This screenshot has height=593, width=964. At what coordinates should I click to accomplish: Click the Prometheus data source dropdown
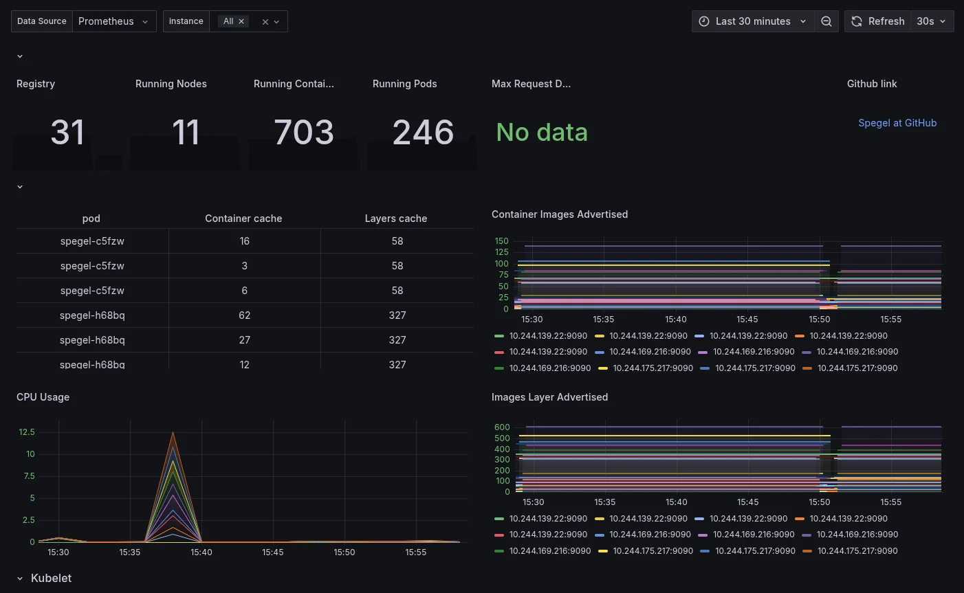[x=113, y=21]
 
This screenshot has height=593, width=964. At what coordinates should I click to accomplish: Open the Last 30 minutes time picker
[x=752, y=21]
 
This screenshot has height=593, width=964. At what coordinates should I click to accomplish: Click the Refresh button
[x=877, y=21]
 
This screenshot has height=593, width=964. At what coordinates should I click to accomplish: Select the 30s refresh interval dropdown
[x=932, y=21]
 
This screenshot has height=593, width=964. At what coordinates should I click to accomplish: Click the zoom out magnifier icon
[x=826, y=21]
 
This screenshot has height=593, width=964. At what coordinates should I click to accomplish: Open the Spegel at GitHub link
[x=897, y=123]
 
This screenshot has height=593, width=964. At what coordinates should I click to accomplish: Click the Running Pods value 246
[x=423, y=132]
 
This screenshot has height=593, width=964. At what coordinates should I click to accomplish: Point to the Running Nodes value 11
[x=186, y=132]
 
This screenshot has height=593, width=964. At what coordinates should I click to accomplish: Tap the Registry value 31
[x=67, y=132]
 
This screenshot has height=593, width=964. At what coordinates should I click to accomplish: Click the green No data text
[x=542, y=132]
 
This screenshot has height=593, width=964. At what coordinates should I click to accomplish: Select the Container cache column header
[x=243, y=219]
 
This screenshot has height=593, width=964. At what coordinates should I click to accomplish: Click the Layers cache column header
[x=395, y=219]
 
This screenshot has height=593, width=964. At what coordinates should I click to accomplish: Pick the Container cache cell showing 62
[x=244, y=315]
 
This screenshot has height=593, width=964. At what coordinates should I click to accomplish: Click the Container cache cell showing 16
[x=244, y=241]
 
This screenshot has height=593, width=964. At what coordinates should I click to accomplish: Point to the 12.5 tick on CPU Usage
[x=27, y=432]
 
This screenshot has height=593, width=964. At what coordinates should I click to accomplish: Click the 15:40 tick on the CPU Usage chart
[x=201, y=552]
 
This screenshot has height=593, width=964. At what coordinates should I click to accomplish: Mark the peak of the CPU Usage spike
[x=173, y=432]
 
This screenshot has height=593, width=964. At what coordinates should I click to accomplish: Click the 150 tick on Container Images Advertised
[x=501, y=241]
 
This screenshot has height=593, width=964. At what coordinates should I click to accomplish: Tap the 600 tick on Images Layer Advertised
[x=502, y=427]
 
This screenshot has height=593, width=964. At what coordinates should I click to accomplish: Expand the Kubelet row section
[x=51, y=579]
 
